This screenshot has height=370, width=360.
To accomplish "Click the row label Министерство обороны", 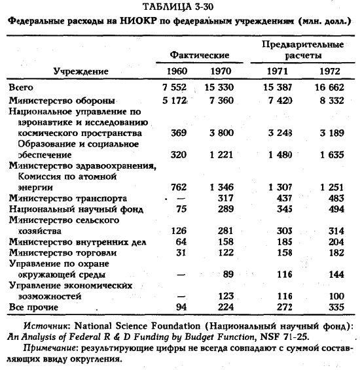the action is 62,101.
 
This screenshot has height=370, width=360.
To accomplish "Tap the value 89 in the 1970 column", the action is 226,275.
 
